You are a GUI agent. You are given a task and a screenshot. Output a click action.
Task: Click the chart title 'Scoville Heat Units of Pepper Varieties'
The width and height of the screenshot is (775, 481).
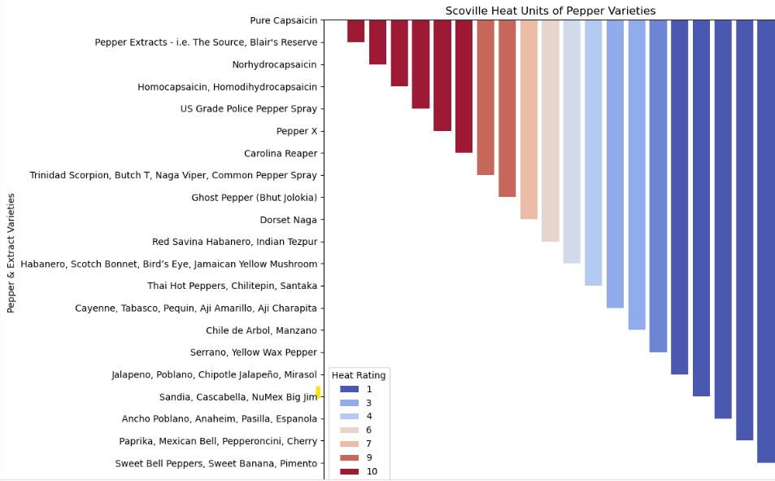point(550,11)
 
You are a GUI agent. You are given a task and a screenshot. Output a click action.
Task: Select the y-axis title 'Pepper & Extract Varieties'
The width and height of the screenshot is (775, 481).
point(11,252)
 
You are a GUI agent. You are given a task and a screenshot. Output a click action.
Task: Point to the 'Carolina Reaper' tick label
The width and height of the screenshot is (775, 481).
point(281,153)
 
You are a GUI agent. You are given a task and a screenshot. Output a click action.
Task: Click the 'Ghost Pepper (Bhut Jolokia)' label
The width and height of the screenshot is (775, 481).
point(254,198)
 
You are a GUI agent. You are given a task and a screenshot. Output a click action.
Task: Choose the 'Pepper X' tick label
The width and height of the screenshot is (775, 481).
point(296,131)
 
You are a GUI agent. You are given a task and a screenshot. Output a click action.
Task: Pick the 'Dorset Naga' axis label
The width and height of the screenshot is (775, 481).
point(288,220)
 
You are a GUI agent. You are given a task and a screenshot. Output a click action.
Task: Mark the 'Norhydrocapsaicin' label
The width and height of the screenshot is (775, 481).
point(274,64)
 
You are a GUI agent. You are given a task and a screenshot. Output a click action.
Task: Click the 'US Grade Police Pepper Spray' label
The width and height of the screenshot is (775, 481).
point(248,109)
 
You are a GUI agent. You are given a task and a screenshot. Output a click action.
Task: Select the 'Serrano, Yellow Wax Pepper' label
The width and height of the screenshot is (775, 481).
point(254,353)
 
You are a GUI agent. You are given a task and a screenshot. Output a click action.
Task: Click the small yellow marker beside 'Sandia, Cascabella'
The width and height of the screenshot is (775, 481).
point(318,392)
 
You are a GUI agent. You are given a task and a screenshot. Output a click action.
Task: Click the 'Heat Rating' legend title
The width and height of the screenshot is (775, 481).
point(359,374)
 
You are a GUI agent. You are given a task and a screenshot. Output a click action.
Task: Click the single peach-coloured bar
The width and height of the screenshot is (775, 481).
point(529,120)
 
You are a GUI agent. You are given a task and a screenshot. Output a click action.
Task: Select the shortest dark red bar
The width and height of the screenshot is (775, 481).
point(355,31)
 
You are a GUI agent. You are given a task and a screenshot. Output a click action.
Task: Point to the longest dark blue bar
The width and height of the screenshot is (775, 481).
point(765,241)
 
